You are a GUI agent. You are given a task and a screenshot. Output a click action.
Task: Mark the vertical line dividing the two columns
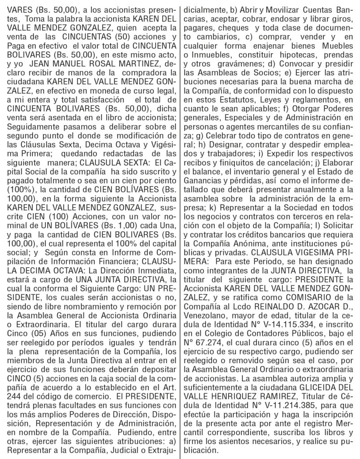click(x=180, y=229)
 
